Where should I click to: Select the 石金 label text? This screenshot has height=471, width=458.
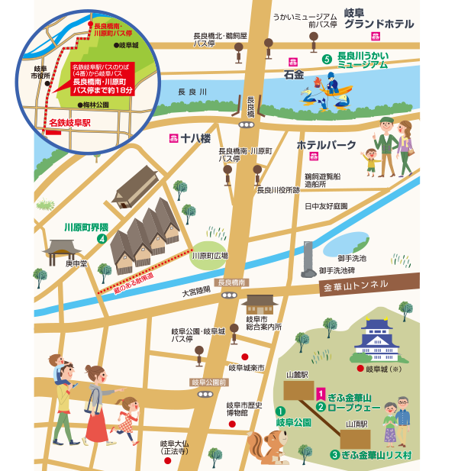pyautogui.click(x=294, y=75)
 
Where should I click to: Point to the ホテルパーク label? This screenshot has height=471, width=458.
pyautogui.click(x=326, y=144)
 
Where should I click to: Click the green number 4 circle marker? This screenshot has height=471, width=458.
pyautogui.click(x=101, y=239)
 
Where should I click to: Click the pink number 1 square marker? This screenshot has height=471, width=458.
pyautogui.click(x=320, y=394)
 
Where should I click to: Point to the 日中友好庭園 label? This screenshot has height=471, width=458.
pyautogui.click(x=326, y=206)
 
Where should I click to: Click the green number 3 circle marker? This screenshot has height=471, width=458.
pyautogui.click(x=334, y=455)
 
